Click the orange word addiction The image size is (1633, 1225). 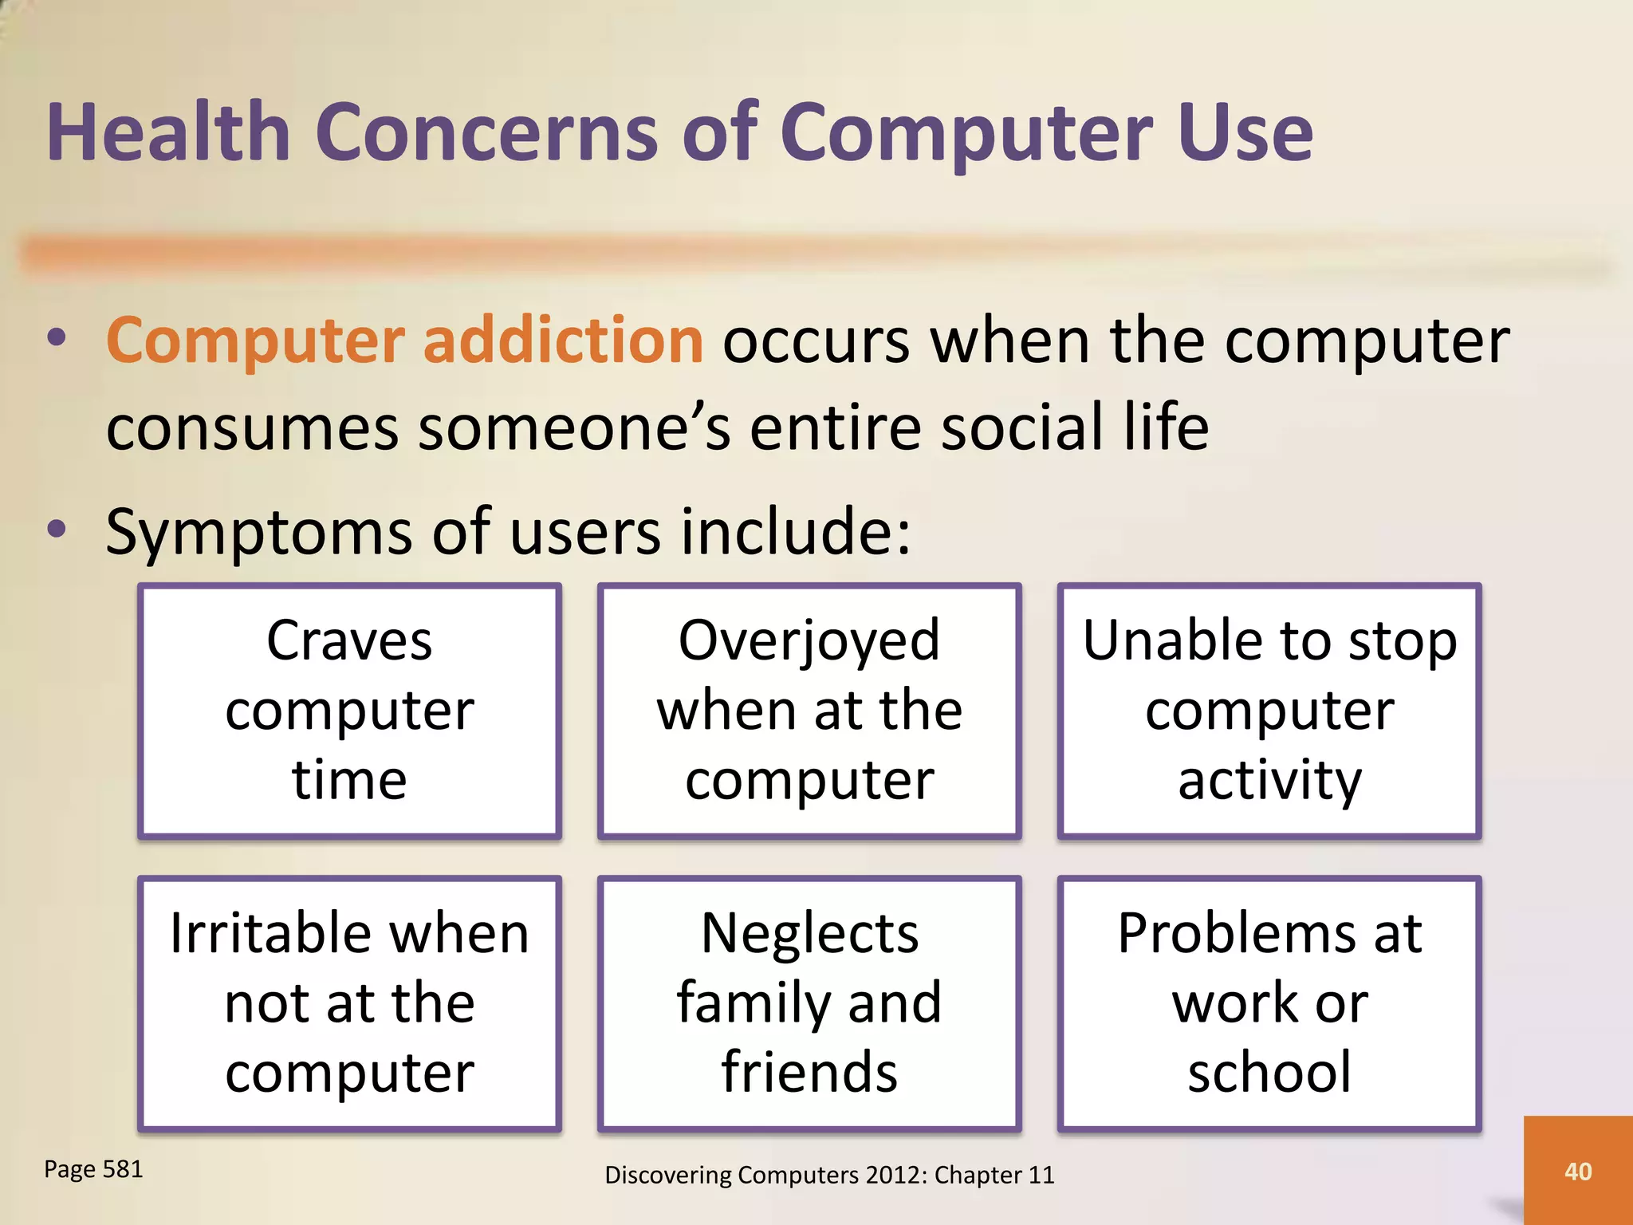(563, 341)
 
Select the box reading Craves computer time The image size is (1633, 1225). (349, 710)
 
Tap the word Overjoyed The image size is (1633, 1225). (809, 641)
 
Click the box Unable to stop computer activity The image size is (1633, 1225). (1269, 710)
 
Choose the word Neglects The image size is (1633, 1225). (809, 933)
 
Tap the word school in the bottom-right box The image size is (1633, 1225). (1269, 1072)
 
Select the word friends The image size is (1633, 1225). (809, 1072)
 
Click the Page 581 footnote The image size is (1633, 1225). (93, 1169)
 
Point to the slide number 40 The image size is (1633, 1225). (1578, 1172)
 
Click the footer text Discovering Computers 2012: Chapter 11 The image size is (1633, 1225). (829, 1175)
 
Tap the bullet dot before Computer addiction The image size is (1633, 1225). (57, 338)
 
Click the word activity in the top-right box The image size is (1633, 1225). (1269, 780)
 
